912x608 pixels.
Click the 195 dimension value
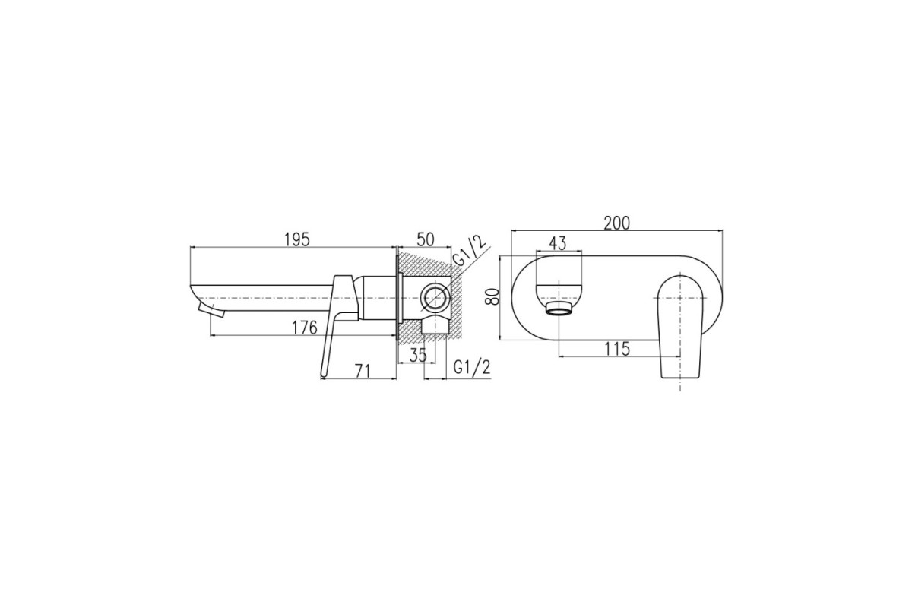(297, 240)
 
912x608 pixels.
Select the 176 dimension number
(305, 328)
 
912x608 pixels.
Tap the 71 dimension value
(363, 371)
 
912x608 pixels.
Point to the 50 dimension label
(426, 239)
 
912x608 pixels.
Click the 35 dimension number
(418, 355)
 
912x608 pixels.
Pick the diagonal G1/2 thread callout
(470, 253)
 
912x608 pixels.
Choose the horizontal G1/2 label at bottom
(472, 368)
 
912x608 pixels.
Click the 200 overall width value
(617, 223)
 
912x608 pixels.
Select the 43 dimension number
(558, 243)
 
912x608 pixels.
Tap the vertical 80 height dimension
(493, 296)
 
